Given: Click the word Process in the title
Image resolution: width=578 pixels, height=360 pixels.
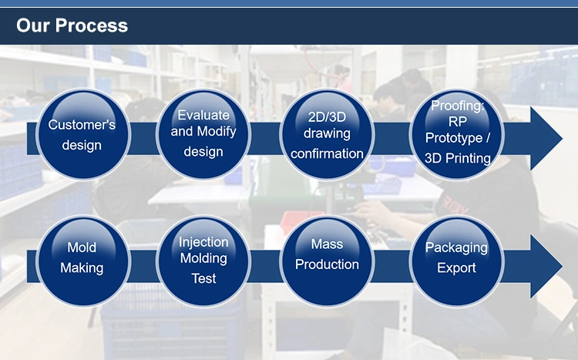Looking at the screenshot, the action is tap(92, 25).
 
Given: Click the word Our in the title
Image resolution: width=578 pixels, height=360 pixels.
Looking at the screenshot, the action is tap(33, 25).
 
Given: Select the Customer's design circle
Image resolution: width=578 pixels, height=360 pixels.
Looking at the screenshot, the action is tap(83, 135).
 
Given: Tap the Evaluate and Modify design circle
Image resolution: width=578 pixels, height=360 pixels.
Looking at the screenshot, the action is tap(203, 135).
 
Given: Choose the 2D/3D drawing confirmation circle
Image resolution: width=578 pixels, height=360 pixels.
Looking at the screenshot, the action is tap(327, 135).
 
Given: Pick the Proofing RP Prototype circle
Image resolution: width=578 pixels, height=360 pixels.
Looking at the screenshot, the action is tap(457, 135).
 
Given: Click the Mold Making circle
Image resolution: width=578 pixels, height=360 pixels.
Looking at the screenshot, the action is tap(83, 261).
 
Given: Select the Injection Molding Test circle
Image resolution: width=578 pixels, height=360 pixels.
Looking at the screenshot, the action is tap(203, 261).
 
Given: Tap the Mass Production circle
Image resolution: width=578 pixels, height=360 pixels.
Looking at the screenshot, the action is tap(327, 261).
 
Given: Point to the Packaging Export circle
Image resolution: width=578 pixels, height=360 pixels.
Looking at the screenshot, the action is tap(457, 261).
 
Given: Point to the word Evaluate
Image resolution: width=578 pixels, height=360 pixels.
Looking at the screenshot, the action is tap(203, 115).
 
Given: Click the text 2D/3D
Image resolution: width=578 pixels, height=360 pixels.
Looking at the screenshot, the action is tap(327, 117).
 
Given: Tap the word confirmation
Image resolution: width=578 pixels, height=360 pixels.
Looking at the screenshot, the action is tap(327, 153).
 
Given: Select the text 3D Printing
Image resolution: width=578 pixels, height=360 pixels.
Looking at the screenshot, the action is tap(458, 159).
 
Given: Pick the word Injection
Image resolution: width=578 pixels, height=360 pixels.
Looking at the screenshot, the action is tap(203, 242).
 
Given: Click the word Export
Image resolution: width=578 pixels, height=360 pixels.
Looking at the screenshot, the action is tap(456, 267).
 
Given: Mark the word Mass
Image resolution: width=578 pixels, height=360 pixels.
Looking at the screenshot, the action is tap(327, 244).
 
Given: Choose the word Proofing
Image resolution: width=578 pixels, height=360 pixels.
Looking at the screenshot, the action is tap(458, 106).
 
